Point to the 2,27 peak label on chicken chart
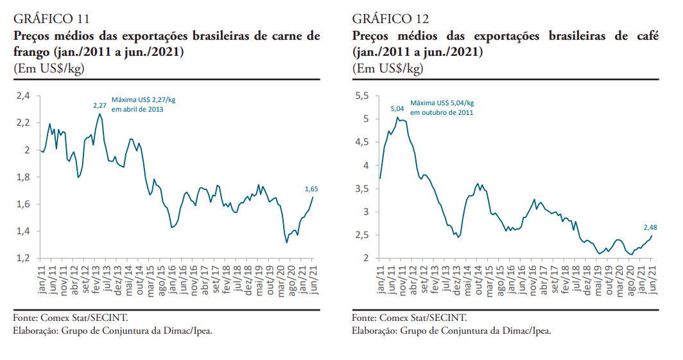99,105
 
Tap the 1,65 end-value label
311,189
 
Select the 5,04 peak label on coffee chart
397,109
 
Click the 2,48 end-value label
650,227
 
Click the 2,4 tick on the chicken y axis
23,96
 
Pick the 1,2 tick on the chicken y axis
23,258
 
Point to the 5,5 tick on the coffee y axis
362,96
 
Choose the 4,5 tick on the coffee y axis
362,142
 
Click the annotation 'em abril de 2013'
137,110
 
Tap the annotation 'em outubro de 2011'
442,113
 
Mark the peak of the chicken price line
100,114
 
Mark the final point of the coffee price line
652,236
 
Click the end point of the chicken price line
313,197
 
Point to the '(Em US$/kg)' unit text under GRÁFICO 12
387,68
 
